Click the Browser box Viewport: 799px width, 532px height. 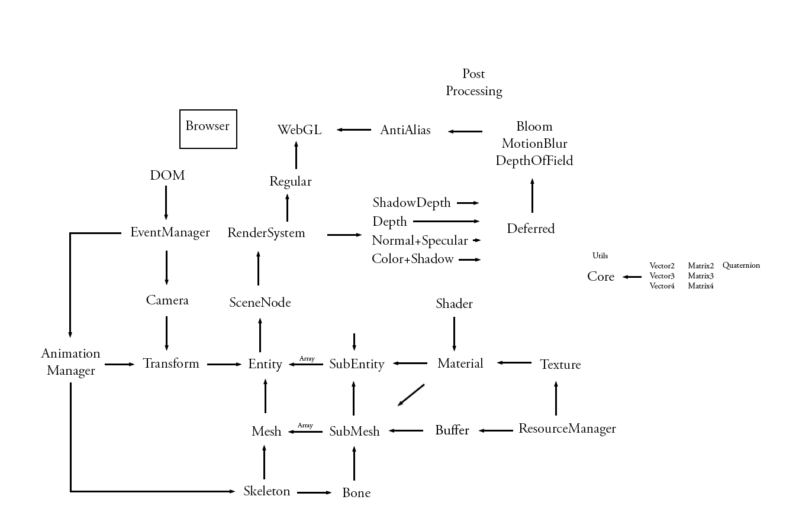click(x=208, y=128)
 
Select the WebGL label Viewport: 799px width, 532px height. click(x=299, y=130)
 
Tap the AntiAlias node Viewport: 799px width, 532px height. click(x=405, y=130)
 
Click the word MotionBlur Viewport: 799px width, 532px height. click(x=534, y=144)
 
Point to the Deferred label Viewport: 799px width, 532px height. click(x=530, y=229)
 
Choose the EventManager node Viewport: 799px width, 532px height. click(x=170, y=232)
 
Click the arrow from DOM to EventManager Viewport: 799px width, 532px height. click(x=166, y=203)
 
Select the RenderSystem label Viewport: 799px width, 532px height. click(x=266, y=233)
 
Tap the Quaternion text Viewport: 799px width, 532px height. click(x=741, y=265)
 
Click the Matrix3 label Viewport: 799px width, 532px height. click(x=701, y=276)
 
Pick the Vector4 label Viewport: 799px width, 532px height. click(x=662, y=286)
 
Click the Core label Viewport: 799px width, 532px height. click(x=601, y=277)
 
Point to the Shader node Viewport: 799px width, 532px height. click(x=454, y=304)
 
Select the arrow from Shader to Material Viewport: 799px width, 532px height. click(x=454, y=334)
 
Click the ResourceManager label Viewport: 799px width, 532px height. click(x=567, y=429)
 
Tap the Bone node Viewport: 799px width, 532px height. click(x=356, y=493)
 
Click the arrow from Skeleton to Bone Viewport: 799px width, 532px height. click(x=314, y=492)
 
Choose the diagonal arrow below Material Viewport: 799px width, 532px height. click(x=411, y=395)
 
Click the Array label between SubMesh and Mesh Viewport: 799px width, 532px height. click(x=305, y=426)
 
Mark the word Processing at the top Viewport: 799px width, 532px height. click(x=474, y=91)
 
